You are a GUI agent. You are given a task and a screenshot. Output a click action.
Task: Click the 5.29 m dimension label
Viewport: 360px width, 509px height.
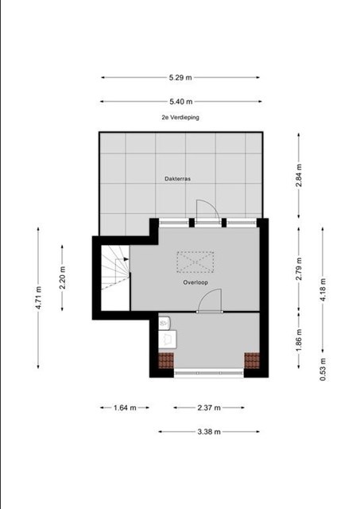[180, 78]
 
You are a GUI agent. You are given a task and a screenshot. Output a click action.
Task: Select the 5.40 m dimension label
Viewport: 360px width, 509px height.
[180, 102]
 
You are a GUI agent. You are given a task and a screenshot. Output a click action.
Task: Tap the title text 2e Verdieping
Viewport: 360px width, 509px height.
[180, 117]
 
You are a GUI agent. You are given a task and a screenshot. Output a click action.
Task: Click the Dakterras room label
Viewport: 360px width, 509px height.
[177, 178]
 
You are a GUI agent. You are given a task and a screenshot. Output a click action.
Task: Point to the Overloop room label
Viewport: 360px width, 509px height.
[195, 282]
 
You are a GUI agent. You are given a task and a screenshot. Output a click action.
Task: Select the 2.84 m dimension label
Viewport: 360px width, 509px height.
[299, 175]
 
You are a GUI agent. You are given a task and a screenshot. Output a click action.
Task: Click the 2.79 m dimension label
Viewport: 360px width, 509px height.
[299, 269]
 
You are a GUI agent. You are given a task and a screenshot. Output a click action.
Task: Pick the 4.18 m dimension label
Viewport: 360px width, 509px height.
[323, 289]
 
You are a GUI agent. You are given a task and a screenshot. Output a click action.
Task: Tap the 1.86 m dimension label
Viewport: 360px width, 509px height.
[299, 340]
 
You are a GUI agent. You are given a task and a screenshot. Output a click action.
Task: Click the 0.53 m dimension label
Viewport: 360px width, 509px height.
[323, 369]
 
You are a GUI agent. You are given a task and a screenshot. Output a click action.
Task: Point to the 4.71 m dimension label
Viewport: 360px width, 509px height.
[38, 297]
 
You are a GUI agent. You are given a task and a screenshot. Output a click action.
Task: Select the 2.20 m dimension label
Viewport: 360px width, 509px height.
[62, 278]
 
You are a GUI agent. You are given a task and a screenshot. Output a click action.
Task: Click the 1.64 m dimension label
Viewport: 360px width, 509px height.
[125, 408]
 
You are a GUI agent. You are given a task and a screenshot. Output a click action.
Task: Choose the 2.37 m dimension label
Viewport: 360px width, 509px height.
[209, 408]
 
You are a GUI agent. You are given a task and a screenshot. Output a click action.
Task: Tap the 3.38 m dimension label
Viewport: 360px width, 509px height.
[209, 432]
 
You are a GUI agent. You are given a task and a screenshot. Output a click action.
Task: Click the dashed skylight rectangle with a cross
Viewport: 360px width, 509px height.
[195, 262]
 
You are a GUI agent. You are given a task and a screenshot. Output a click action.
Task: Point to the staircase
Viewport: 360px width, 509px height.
[115, 268]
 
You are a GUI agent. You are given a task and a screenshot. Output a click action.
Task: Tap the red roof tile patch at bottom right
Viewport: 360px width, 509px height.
[252, 360]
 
